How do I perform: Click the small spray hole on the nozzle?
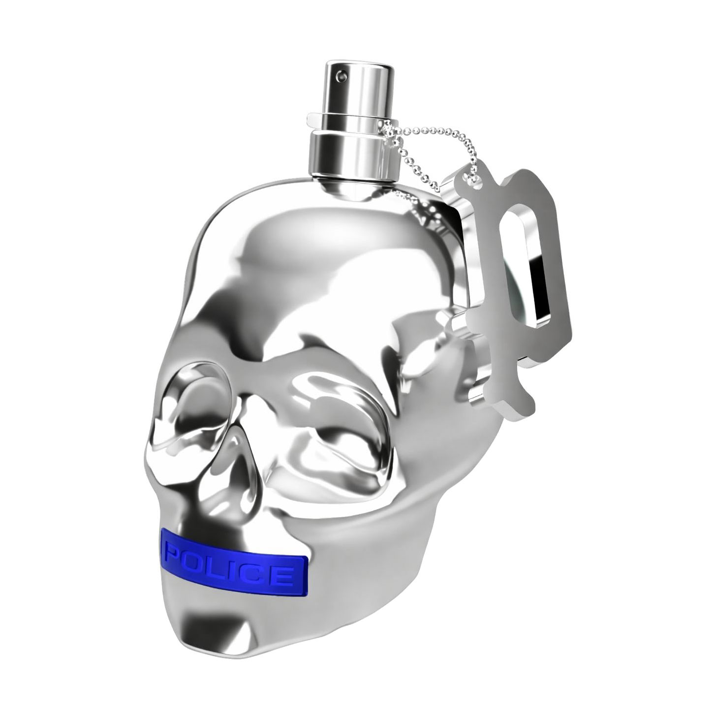(339, 76)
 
